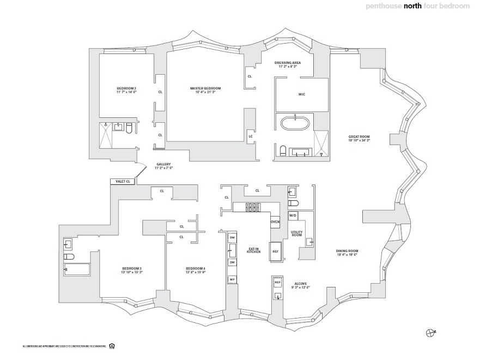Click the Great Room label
[x=359, y=139]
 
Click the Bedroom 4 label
[x=195, y=270]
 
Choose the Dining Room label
[x=347, y=253]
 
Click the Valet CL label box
[x=120, y=182]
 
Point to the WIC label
[x=301, y=94]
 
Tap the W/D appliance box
[x=293, y=216]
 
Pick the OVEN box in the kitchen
[x=275, y=222]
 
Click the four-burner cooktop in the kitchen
[x=253, y=207]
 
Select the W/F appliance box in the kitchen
[x=232, y=279]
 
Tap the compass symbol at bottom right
[x=431, y=332]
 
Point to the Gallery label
[x=163, y=166]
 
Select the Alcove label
[x=301, y=285]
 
